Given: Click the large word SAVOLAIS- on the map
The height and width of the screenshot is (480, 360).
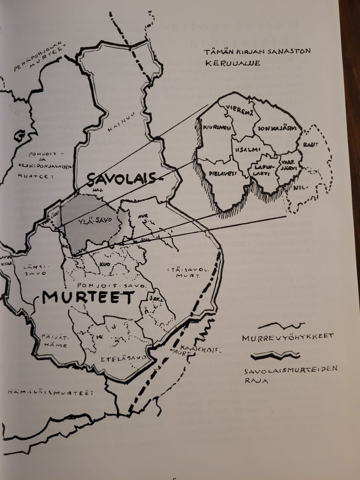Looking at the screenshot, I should [120, 180].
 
